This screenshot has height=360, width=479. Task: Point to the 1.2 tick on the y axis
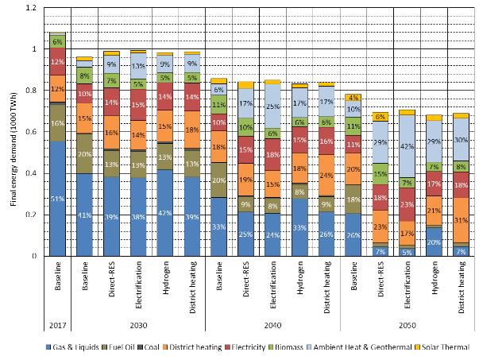(x=32, y=8)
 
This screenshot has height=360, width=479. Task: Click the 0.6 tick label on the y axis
(x=32, y=132)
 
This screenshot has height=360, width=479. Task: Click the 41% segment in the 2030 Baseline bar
(x=84, y=215)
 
